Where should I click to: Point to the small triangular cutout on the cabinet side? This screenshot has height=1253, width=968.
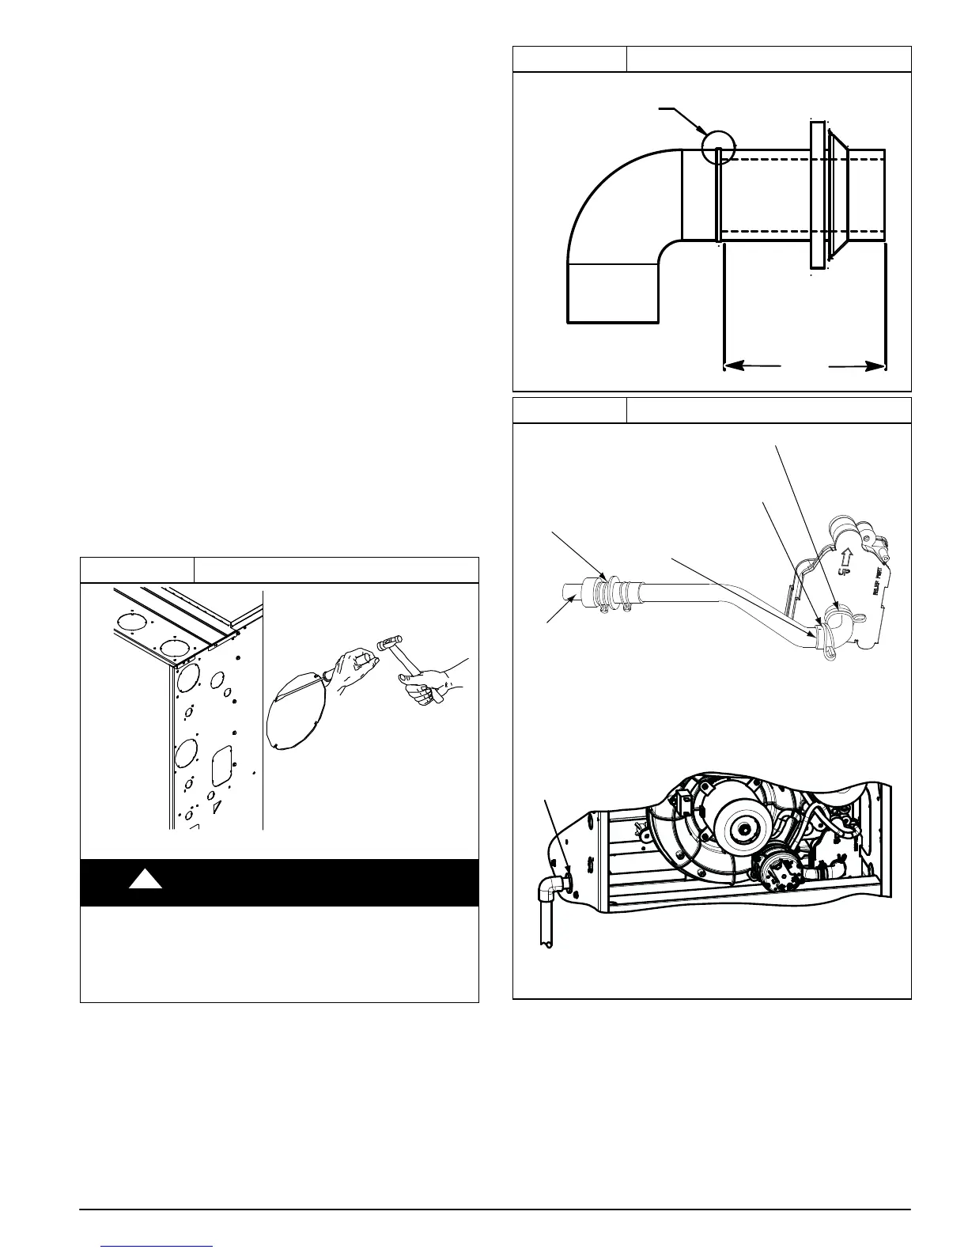(x=216, y=806)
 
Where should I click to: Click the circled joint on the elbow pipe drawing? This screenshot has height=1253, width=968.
(x=718, y=148)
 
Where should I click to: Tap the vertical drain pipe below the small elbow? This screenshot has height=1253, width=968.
(x=546, y=926)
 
